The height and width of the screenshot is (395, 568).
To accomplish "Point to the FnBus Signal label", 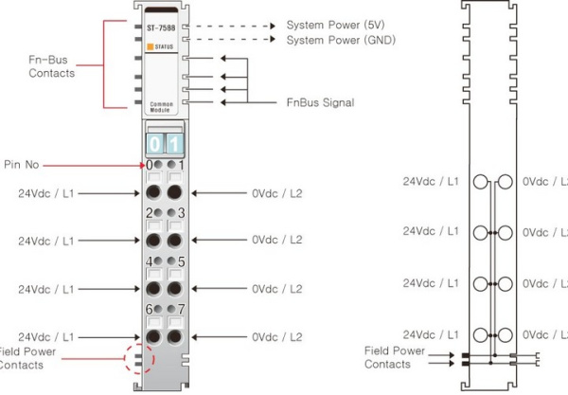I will tap(320, 102).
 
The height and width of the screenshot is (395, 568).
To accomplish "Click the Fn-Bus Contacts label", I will tap(53, 66).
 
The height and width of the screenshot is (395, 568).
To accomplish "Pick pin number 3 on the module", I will tap(182, 214).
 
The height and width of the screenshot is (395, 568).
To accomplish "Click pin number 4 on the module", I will tap(148, 260).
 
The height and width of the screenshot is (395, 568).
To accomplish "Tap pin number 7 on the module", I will tap(182, 309).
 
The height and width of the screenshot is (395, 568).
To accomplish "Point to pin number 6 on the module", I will tap(148, 309).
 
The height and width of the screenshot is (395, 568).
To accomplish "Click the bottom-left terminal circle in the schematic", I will tap(481, 333).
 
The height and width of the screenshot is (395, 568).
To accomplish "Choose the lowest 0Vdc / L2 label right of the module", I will tap(276, 336).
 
